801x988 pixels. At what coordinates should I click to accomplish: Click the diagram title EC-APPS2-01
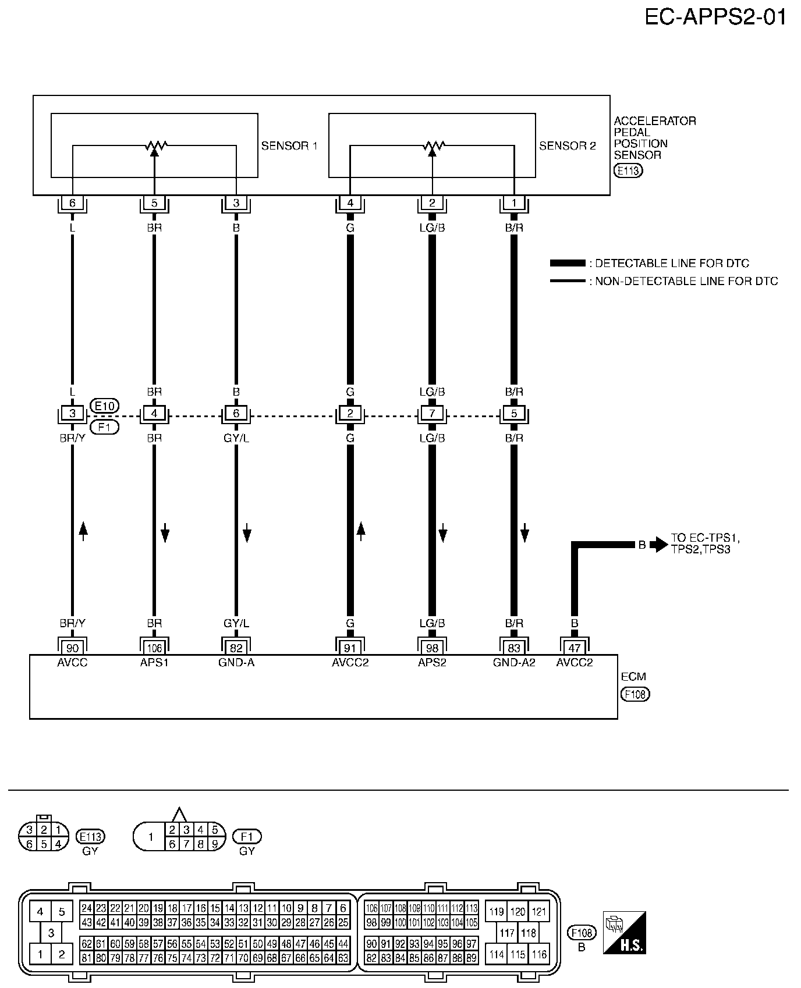[x=715, y=17]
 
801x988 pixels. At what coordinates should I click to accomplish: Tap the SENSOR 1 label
[x=289, y=146]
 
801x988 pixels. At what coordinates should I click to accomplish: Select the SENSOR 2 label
[x=568, y=146]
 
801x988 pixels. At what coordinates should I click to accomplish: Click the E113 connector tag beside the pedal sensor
[x=628, y=171]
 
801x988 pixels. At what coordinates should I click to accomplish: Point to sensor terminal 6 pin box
[x=72, y=204]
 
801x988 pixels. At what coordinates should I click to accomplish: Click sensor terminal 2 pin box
[x=432, y=204]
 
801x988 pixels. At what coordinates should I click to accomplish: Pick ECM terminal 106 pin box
[x=154, y=648]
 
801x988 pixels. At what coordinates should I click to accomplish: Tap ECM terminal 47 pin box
[x=575, y=648]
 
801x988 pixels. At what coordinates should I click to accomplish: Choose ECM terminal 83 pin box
[x=514, y=648]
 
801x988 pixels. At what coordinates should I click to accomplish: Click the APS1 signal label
[x=154, y=662]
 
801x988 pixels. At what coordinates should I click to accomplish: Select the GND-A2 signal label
[x=514, y=662]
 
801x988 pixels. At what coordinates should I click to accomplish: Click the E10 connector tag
[x=105, y=406]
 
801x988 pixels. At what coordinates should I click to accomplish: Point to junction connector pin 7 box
[x=432, y=414]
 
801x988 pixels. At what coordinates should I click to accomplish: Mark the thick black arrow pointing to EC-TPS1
[x=659, y=545]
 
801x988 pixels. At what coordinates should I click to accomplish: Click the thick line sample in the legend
[x=568, y=264]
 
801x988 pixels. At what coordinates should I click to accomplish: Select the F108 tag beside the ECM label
[x=636, y=694]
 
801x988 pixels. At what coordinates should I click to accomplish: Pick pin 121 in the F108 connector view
[x=539, y=912]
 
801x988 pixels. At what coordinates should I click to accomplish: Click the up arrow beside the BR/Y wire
[x=83, y=531]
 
